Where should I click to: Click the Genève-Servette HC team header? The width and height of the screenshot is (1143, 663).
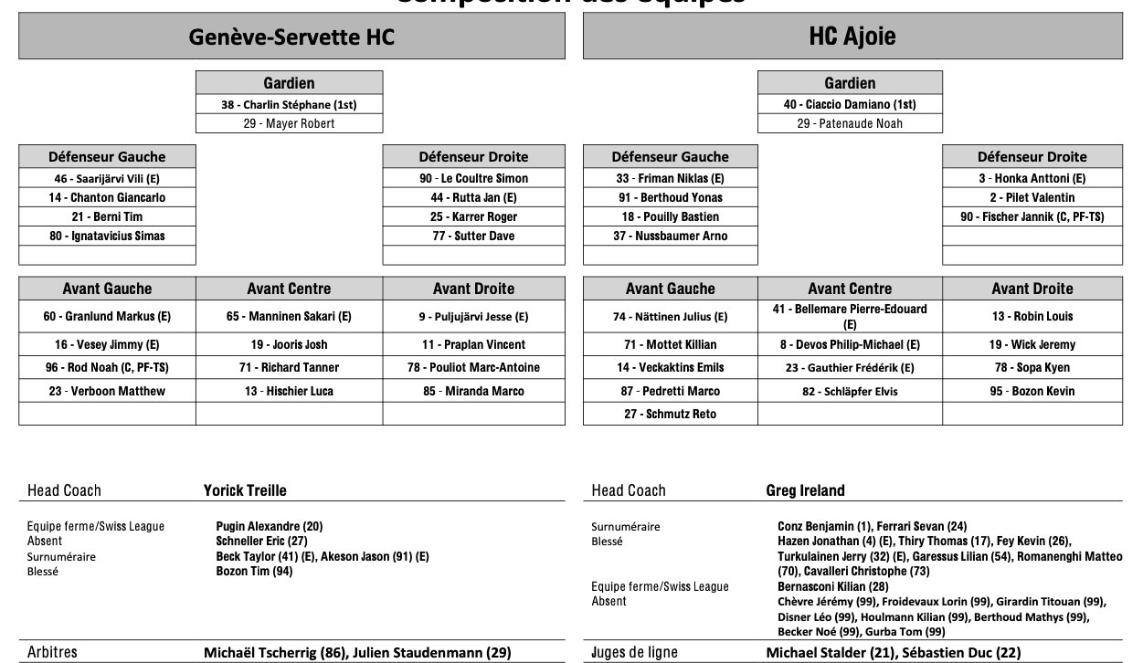(x=291, y=37)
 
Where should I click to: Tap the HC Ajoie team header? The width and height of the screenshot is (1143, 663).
(x=852, y=37)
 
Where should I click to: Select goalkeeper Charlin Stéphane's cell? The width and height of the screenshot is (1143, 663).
(x=289, y=104)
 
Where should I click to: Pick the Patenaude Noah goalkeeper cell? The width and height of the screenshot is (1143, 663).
(x=850, y=123)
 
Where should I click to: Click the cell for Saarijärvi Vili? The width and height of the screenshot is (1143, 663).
(x=107, y=179)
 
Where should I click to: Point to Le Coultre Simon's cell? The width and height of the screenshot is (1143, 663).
(x=473, y=179)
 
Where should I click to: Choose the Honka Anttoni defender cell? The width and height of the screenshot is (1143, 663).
(x=1032, y=179)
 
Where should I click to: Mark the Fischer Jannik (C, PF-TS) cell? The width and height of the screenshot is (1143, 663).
(x=1032, y=217)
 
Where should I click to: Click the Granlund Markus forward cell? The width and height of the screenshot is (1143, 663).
(x=107, y=317)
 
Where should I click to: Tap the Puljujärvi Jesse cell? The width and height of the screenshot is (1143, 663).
(x=473, y=317)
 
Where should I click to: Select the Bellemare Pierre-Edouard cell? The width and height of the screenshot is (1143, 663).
(x=850, y=317)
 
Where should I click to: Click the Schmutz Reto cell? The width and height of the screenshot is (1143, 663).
(x=671, y=415)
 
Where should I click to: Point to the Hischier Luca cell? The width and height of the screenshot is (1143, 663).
(x=289, y=392)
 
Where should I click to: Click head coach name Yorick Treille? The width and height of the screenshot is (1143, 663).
(x=245, y=490)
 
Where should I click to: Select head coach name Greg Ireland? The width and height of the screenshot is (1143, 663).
(x=805, y=490)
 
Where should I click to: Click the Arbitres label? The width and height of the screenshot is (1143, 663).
(x=52, y=653)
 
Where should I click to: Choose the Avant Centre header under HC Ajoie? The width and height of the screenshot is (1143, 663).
(x=850, y=289)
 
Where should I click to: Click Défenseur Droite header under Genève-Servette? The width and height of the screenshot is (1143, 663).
(x=473, y=156)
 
